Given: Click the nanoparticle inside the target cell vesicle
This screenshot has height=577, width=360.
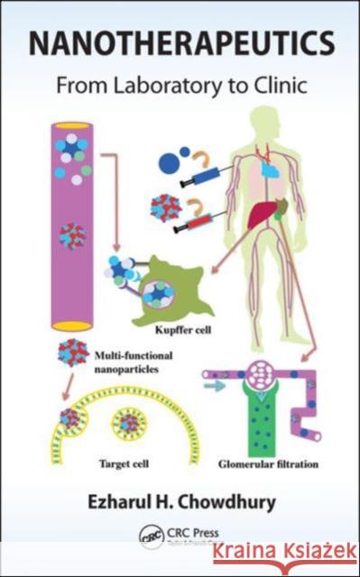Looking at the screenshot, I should coord(130,421).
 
